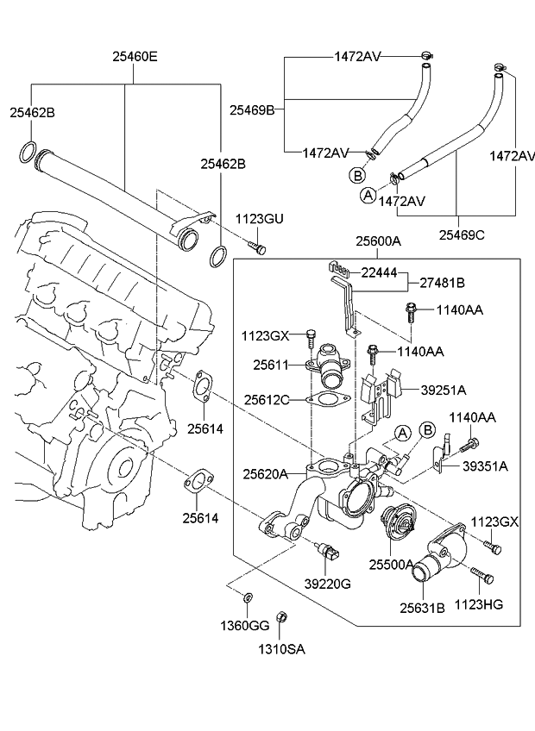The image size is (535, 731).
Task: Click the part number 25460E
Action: coord(134,59)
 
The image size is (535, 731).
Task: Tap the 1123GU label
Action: coord(260,220)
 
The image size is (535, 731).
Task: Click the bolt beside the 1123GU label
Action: coord(257,247)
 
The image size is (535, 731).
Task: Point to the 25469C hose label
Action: coord(461,234)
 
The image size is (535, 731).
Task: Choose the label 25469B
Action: coord(252,110)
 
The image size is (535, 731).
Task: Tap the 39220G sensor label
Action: coord(327,584)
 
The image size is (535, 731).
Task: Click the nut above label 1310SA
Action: coord(281,617)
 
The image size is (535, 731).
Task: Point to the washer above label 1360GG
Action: coord(248,597)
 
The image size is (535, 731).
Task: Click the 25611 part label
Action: coord(270,365)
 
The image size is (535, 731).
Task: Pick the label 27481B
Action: coord(443,282)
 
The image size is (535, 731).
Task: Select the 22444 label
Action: coord(379,272)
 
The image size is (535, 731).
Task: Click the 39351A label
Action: coord(485,465)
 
